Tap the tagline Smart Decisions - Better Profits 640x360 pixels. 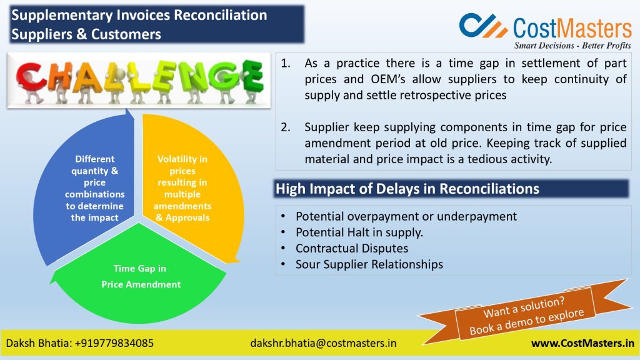(x=572, y=45)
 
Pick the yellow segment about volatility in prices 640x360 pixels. (x=192, y=188)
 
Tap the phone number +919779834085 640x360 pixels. (x=115, y=343)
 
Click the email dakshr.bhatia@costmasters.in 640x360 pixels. (x=323, y=343)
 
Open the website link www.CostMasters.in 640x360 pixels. (x=582, y=343)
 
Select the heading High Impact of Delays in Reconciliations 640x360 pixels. (x=407, y=189)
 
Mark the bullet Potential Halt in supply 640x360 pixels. (x=359, y=232)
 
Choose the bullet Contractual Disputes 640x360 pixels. (x=352, y=248)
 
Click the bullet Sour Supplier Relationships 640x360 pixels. (x=369, y=264)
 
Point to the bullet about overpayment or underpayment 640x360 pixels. (x=406, y=216)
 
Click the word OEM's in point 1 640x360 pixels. (x=387, y=79)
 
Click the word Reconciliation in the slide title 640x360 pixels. (x=221, y=15)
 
